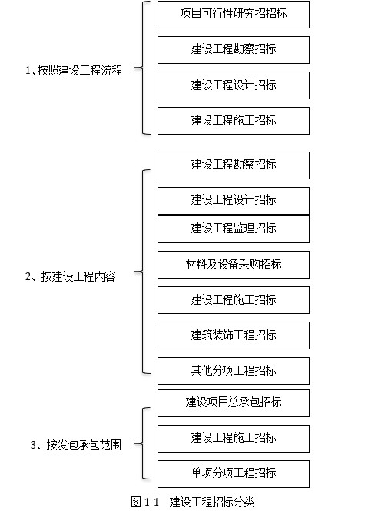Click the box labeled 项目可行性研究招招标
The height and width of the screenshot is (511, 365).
(x=234, y=15)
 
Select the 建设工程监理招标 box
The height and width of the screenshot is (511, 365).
(x=234, y=229)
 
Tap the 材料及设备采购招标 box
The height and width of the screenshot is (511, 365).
(x=234, y=265)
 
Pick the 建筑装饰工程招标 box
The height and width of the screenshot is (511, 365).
(x=234, y=336)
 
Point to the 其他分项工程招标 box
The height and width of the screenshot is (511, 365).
(x=234, y=371)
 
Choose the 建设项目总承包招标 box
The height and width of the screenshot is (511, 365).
(x=234, y=403)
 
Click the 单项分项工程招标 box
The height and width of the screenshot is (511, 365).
(x=234, y=474)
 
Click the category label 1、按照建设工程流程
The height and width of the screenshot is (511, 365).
(x=74, y=70)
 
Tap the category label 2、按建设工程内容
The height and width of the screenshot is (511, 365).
(x=70, y=276)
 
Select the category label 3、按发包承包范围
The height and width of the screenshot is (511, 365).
(x=76, y=445)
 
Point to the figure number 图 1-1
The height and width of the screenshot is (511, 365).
(x=144, y=502)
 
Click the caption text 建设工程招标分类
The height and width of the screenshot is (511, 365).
(x=212, y=502)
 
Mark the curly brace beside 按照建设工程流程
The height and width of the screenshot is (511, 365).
(x=142, y=68)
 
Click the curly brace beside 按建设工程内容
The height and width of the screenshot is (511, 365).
(x=142, y=272)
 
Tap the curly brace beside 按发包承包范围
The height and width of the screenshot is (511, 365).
(x=142, y=443)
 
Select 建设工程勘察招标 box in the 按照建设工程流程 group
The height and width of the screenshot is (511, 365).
(x=234, y=50)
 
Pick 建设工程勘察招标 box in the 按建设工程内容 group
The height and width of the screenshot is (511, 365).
(x=234, y=165)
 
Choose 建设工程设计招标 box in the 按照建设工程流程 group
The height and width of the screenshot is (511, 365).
(x=234, y=85)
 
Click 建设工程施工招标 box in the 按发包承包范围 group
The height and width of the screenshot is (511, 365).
(x=234, y=439)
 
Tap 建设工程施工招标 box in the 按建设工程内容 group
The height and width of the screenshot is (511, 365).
(x=234, y=300)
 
